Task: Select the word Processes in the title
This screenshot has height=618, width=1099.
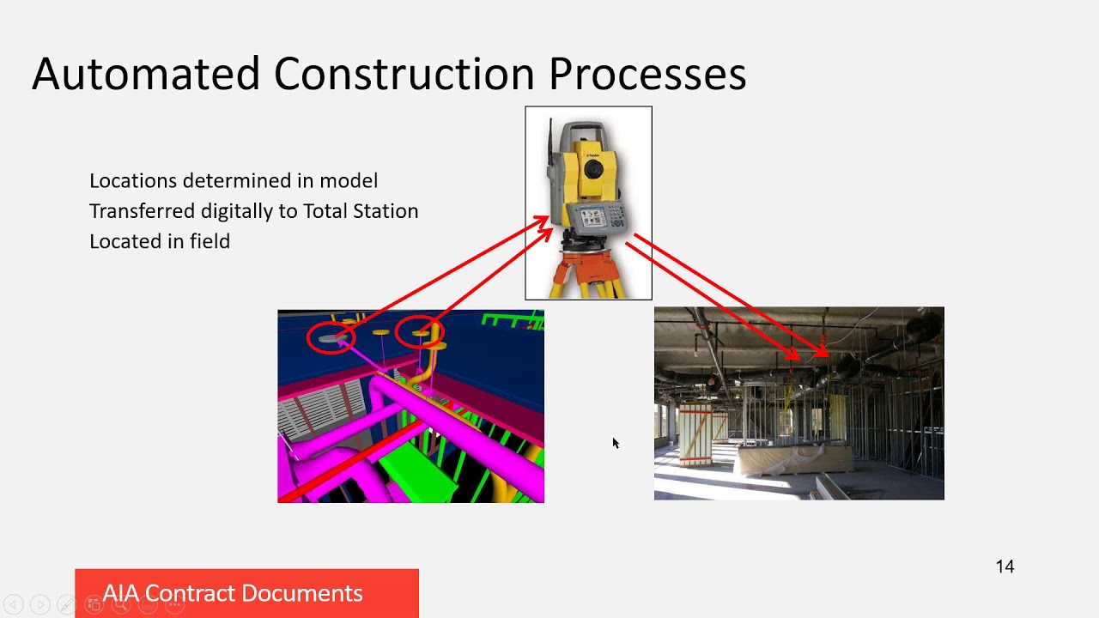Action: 647,74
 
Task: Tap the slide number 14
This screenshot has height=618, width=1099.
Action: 1005,566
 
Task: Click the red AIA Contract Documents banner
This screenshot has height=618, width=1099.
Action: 246,593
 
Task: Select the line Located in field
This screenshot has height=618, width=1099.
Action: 160,241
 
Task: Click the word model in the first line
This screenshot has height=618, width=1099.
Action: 349,180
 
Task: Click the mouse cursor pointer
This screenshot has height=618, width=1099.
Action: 615,443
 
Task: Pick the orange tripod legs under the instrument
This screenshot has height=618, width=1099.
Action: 589,270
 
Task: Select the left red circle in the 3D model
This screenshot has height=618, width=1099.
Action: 331,337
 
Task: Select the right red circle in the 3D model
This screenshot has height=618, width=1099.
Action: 420,332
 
